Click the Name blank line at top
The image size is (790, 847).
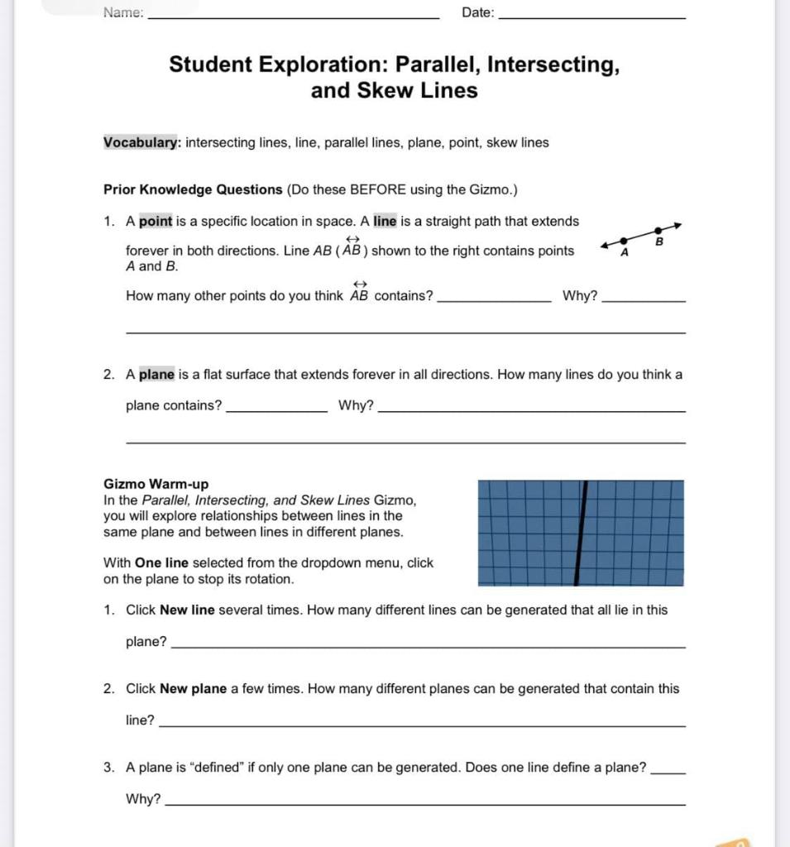[x=293, y=17]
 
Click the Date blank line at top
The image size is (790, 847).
[x=593, y=17]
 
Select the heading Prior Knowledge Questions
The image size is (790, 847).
[x=193, y=189]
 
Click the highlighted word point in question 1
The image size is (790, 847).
[x=156, y=221]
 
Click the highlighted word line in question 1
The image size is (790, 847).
[x=385, y=221]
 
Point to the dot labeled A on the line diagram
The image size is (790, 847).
[x=624, y=240]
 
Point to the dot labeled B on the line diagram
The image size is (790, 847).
[x=658, y=231]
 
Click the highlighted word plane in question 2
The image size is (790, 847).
[x=156, y=374]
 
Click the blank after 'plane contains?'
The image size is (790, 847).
[x=276, y=410]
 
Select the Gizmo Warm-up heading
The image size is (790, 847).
[x=156, y=484]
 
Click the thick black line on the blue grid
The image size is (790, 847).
[x=582, y=534]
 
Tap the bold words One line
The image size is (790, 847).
[x=161, y=562]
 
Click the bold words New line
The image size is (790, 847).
[x=187, y=610]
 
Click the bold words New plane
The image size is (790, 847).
[x=193, y=688]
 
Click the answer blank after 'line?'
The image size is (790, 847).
[x=421, y=725]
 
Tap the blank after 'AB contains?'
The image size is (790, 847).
[x=493, y=301]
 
